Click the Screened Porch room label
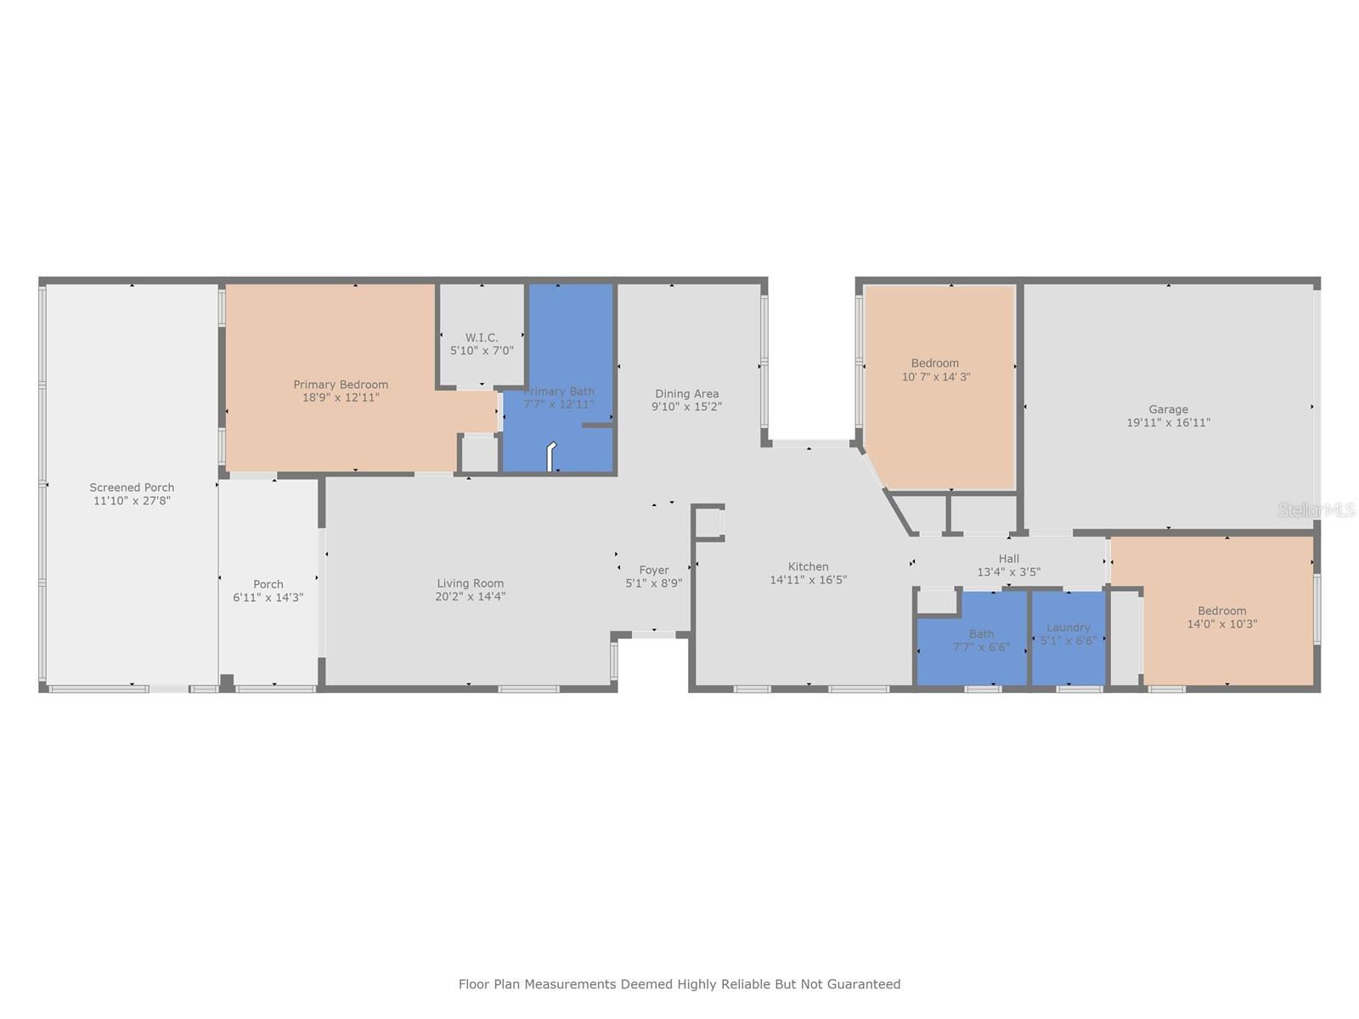132,487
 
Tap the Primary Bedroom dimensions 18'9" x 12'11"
341,397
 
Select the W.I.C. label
482,337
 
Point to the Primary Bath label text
558,391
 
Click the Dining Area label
686,393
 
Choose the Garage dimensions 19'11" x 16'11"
1168,423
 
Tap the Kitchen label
808,566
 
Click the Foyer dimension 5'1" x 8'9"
654,583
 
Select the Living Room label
470,583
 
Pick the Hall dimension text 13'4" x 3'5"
1008,572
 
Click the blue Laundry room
1068,638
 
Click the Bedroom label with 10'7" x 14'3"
935,363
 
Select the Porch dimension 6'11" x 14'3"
268,598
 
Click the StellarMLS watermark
1317,510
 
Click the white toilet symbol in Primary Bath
550,456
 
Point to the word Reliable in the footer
750,984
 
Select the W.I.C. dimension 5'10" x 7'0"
482,351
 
